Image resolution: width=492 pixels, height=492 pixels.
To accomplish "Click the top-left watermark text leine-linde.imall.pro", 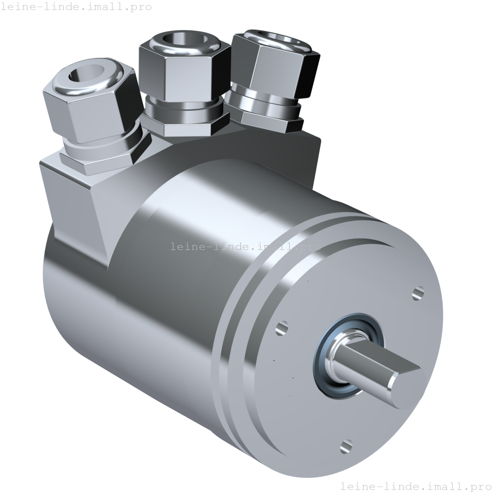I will pyautogui.click(x=76, y=7).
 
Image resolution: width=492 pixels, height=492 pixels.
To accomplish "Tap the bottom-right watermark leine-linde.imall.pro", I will pyautogui.click(x=415, y=486).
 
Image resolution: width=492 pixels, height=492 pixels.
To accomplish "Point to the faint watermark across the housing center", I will pyautogui.click(x=246, y=247).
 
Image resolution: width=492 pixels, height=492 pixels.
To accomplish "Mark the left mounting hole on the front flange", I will pyautogui.click(x=282, y=328).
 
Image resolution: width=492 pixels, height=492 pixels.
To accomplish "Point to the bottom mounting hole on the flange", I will pyautogui.click(x=345, y=447).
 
